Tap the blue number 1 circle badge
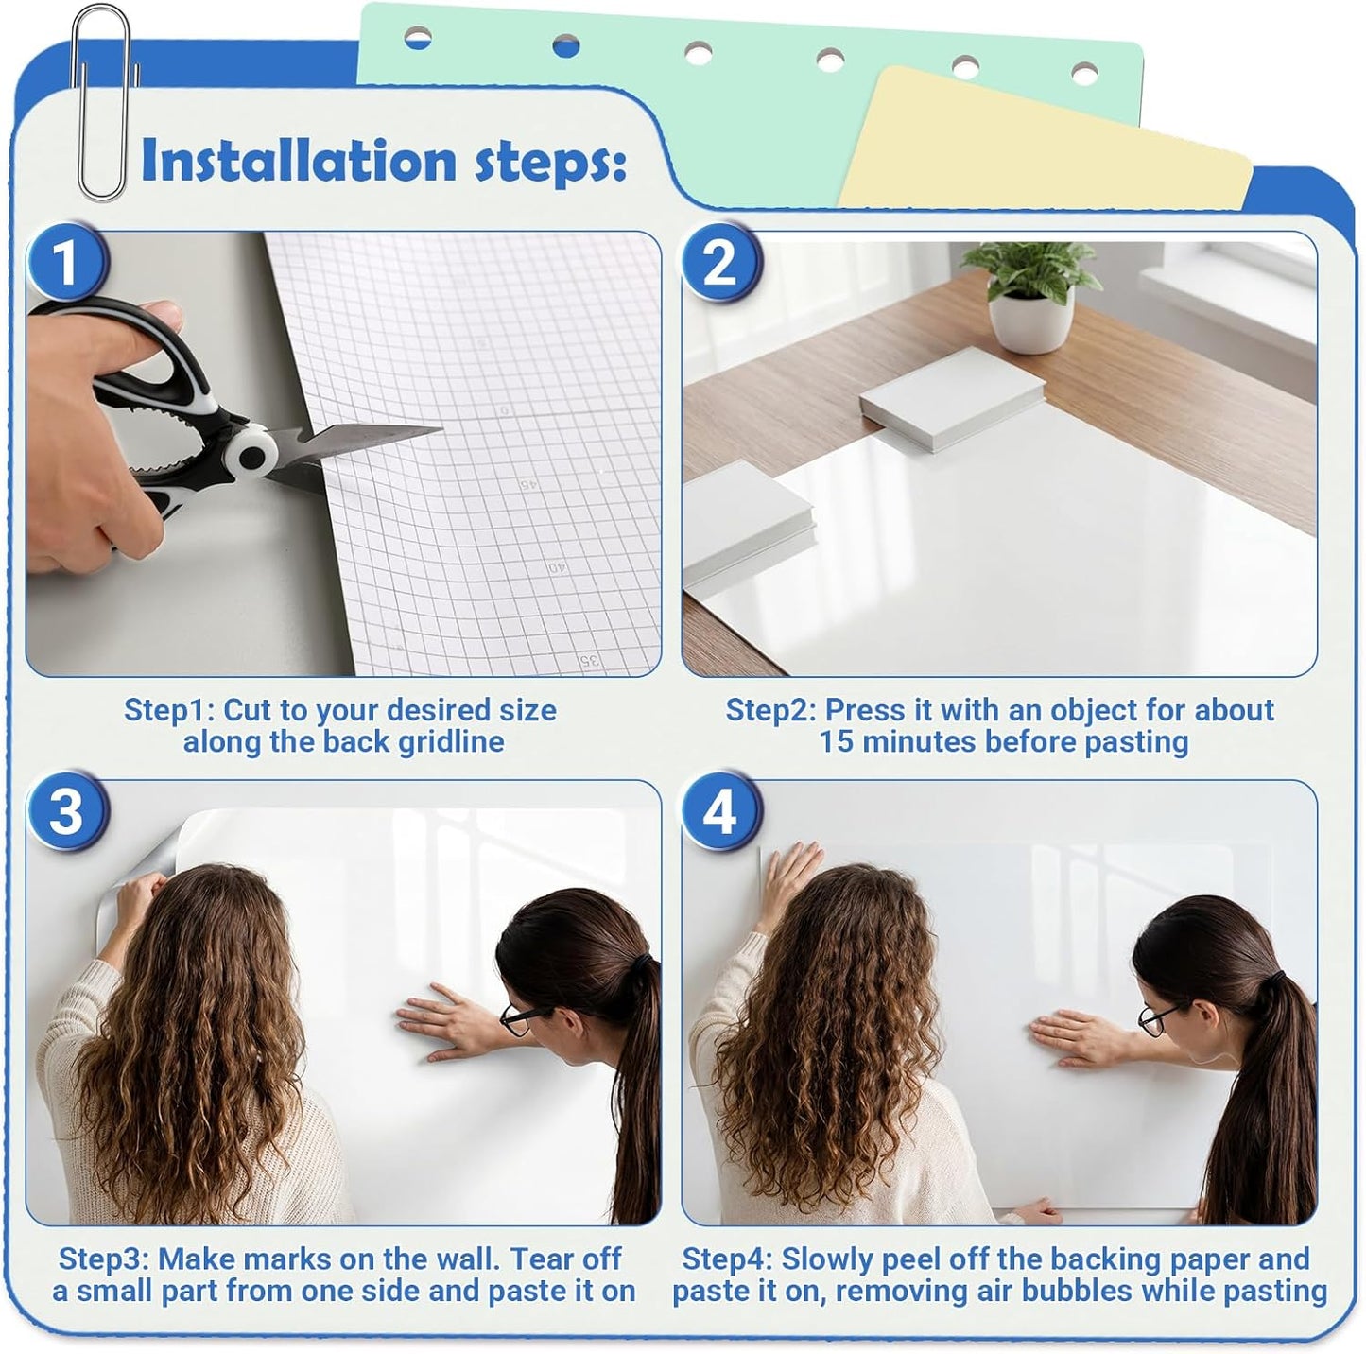[65, 262]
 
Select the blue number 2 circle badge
[720, 262]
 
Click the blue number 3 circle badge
[65, 811]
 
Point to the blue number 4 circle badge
[720, 811]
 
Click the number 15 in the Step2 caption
[837, 742]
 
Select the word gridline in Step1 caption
[451, 742]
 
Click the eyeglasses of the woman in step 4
[1155, 1019]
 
